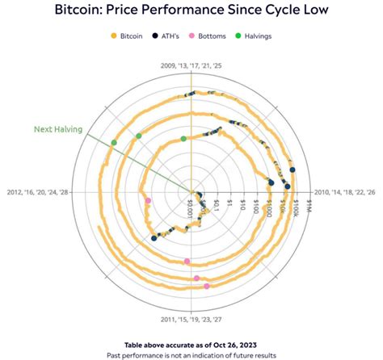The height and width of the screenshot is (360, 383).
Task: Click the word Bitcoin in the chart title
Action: (x=95, y=13)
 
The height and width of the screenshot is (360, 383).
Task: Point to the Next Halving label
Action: (x=57, y=128)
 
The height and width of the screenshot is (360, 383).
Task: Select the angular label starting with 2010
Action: (x=343, y=191)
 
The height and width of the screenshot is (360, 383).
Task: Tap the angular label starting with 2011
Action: (x=191, y=318)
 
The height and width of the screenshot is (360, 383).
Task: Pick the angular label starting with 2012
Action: (x=40, y=191)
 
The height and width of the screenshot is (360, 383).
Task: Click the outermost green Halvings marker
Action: (x=114, y=143)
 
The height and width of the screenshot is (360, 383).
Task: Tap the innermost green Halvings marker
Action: (x=184, y=139)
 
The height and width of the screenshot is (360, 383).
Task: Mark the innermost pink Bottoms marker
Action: (x=147, y=201)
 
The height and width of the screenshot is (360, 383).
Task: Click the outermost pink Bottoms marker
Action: (x=207, y=286)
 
